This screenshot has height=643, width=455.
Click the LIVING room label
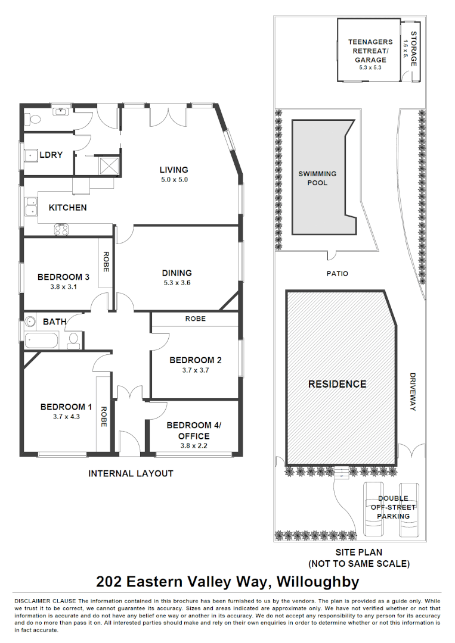coord(174,170)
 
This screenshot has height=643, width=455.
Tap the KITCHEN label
coord(67,208)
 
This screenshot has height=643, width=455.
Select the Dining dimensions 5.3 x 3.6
coord(177,283)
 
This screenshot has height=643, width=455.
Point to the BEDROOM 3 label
coord(63,277)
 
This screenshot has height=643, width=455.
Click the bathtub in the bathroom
coord(42,341)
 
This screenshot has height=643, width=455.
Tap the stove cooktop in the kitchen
coord(61,229)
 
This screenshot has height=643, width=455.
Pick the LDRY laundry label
coord(51,155)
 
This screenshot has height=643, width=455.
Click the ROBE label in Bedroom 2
coord(195,319)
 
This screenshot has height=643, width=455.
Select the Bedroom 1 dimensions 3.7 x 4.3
coord(66,417)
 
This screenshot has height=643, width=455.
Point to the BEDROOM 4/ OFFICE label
coord(194,430)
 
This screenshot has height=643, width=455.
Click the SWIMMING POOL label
coord(317,178)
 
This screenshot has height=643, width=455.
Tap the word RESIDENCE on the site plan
coord(337,384)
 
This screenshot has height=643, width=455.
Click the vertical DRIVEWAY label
coord(412,392)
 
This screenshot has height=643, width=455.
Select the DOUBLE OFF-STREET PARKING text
coord(393,507)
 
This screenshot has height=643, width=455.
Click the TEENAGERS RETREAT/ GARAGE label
coord(370,51)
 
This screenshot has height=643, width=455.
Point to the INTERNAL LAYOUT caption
coord(131,473)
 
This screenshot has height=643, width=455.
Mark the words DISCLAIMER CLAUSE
coord(45,601)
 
